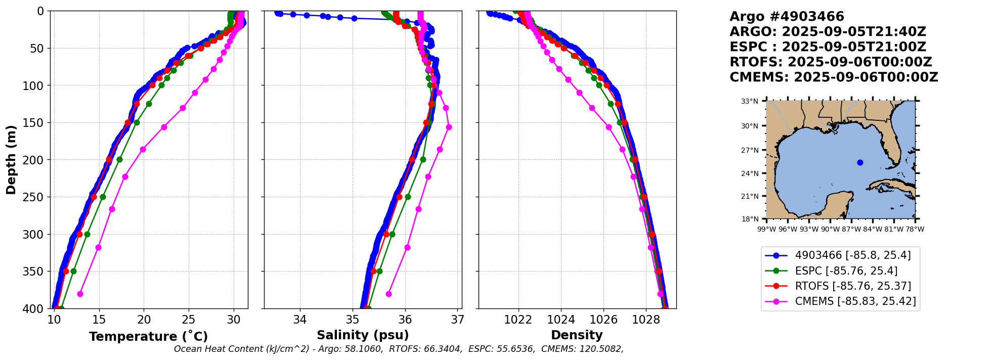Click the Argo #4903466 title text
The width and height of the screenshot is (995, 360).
point(787,17)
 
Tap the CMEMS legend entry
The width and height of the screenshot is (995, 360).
point(855,301)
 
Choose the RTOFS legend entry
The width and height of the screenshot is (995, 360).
point(853,286)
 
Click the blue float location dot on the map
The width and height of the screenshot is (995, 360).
point(860,162)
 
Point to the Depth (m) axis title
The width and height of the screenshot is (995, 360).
point(11,160)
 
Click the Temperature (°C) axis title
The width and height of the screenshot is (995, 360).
point(148,337)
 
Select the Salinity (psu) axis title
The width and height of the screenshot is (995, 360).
point(363,335)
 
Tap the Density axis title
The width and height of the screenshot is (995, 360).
point(577,335)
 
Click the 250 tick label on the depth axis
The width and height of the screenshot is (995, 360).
point(37,197)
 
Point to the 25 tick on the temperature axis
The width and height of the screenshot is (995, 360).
point(189,320)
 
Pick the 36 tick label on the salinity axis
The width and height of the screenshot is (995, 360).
point(405,320)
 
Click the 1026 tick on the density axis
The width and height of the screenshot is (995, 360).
point(603,320)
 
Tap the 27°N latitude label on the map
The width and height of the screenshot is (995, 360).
point(750,150)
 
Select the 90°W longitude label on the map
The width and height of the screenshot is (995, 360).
point(830,229)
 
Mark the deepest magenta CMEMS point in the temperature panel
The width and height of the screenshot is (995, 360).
point(80,294)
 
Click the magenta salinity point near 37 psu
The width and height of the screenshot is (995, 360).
point(449,127)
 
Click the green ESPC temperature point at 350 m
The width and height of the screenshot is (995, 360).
point(73,271)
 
